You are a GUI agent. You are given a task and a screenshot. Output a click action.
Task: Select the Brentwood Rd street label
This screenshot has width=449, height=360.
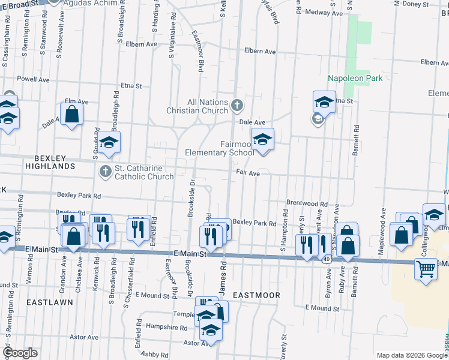pos(307,204)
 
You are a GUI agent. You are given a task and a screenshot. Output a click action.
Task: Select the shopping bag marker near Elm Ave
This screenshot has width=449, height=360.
pos(71,115)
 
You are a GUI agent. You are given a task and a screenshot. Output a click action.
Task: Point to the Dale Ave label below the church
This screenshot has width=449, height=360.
pos(252,122)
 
